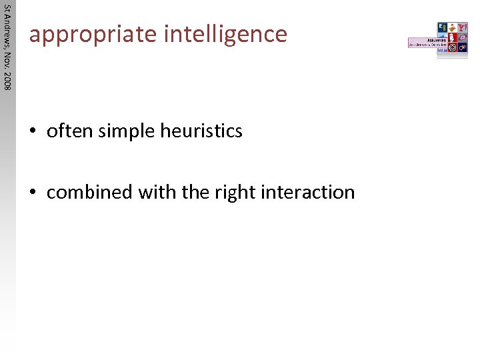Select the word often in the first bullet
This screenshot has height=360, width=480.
70,131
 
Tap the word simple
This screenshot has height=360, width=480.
127,131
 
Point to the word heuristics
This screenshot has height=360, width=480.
201,131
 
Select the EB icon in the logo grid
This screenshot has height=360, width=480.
443,27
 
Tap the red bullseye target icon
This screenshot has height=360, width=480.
452,48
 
